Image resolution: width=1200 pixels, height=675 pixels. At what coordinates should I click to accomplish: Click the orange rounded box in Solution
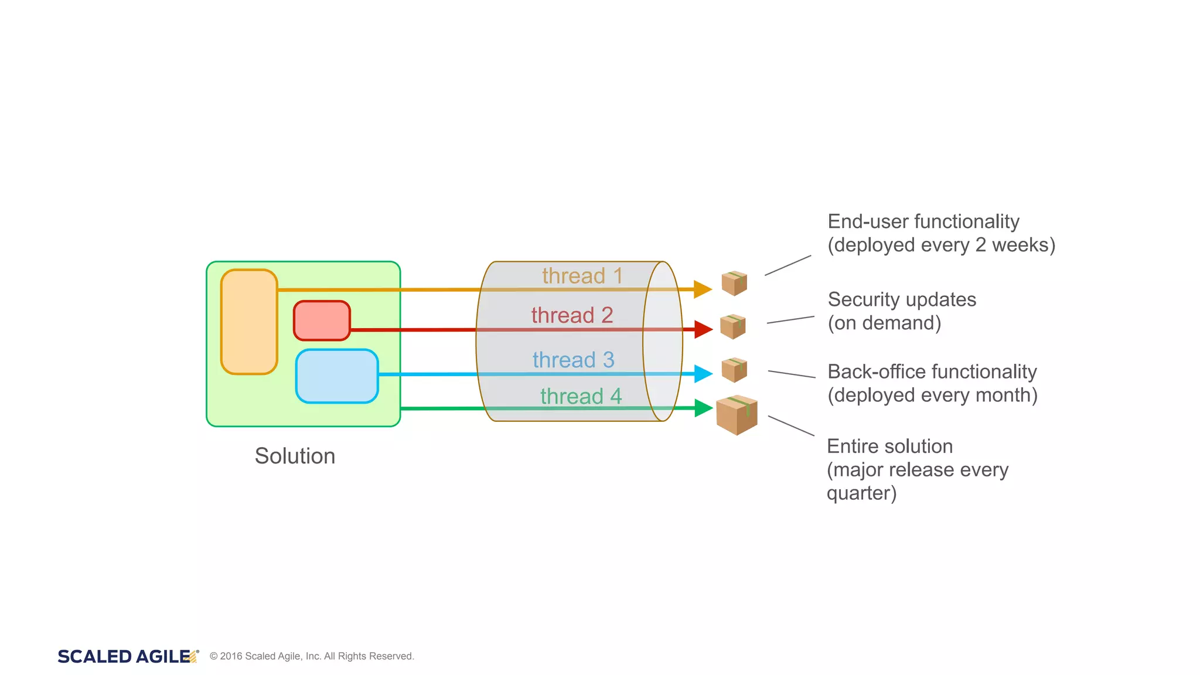249,322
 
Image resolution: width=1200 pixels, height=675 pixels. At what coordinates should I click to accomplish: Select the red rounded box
322,321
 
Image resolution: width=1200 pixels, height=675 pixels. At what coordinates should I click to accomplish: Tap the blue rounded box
337,376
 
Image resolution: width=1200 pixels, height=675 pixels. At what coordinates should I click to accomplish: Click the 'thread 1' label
582,276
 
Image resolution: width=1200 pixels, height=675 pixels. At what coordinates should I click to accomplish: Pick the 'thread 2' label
572,315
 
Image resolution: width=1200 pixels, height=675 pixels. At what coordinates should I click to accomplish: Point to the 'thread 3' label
573,360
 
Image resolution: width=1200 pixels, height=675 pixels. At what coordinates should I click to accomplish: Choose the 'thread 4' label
581,396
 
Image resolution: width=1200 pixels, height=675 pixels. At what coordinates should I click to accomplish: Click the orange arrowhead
702,289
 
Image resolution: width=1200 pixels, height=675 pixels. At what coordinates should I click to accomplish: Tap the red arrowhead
703,329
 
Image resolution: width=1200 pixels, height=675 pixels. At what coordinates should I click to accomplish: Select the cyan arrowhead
703,373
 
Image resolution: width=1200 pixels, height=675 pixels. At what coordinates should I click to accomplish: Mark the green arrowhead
703,408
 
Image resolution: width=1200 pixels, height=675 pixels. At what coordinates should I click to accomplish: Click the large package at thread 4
737,415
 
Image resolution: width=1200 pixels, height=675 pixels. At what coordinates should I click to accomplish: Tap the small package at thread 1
734,283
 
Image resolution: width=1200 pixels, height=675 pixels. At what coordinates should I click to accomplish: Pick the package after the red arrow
732,326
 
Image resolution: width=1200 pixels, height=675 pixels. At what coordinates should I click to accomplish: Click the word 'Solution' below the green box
295,456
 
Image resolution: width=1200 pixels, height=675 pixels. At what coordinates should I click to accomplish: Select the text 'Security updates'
901,299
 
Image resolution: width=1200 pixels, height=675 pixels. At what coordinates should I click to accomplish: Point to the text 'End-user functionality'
923,221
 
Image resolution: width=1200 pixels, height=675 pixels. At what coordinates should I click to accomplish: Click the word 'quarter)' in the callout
861,493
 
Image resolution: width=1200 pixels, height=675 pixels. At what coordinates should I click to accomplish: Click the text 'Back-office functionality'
932,371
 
